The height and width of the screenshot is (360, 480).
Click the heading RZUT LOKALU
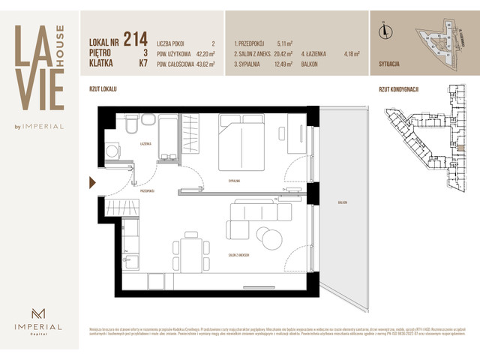[105, 89]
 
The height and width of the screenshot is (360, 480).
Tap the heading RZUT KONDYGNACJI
[398, 89]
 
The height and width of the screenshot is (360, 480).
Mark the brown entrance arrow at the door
[92, 181]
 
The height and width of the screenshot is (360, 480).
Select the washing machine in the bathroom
[112, 151]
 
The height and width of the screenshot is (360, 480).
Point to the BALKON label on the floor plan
[343, 202]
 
